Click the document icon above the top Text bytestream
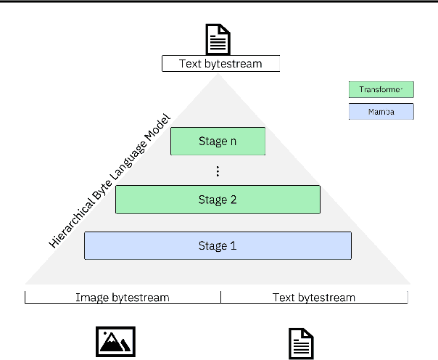(220, 38)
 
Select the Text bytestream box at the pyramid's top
(220, 64)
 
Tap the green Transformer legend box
(381, 90)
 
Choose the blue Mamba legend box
(381, 112)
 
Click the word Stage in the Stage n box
(212, 142)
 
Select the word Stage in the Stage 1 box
(212, 246)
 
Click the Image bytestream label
(123, 298)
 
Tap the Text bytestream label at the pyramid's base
(314, 298)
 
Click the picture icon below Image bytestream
(116, 342)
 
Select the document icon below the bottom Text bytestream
(302, 343)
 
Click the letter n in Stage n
(233, 142)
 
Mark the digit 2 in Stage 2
(233, 200)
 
